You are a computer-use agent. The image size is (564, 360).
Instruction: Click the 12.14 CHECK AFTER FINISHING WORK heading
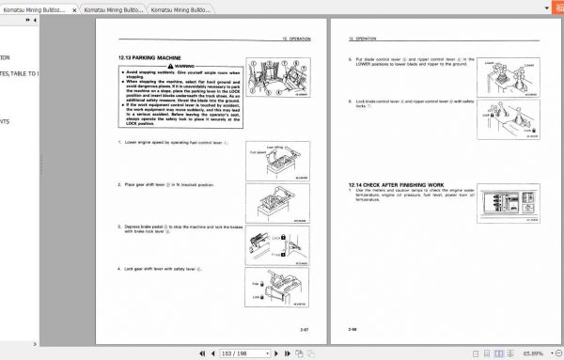point(397,183)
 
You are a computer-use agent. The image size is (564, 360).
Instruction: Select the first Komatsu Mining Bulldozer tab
point(39,8)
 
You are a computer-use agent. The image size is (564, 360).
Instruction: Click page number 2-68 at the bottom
point(353,329)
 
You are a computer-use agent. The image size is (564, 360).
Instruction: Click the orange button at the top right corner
point(555,8)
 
